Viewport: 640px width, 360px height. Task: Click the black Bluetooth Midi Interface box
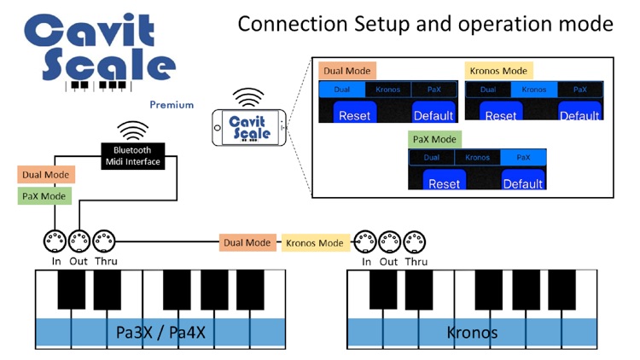132,156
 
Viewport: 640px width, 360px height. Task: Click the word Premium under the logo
172,105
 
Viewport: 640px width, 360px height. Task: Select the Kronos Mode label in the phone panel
498,70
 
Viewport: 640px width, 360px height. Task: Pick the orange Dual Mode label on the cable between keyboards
247,243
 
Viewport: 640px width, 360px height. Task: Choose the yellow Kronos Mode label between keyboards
314,243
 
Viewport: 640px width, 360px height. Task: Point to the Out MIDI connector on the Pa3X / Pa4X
80,241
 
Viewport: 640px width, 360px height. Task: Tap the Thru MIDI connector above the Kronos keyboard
415,241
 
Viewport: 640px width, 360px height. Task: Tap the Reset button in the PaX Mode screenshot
444,183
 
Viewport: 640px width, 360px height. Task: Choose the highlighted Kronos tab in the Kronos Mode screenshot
534,89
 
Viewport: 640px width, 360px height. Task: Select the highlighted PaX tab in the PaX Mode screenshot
523,157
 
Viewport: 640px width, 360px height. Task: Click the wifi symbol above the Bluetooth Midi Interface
132,131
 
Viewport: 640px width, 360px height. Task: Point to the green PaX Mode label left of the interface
42,196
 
